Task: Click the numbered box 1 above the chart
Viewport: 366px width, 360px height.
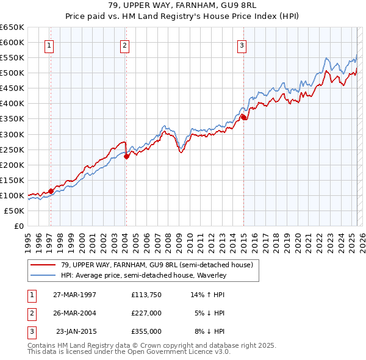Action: tap(49, 45)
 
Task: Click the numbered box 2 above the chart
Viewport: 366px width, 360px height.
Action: tap(124, 45)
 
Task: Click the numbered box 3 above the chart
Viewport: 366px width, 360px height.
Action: tap(242, 45)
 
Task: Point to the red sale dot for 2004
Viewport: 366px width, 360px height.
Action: tap(126, 156)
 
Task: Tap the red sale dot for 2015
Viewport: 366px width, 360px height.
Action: tap(243, 117)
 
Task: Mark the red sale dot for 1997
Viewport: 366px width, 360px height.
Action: tap(51, 191)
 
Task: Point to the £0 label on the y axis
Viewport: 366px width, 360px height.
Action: tap(18, 226)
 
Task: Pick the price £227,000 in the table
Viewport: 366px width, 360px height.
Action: tap(146, 313)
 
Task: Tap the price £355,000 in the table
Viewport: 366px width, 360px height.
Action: tap(146, 331)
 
